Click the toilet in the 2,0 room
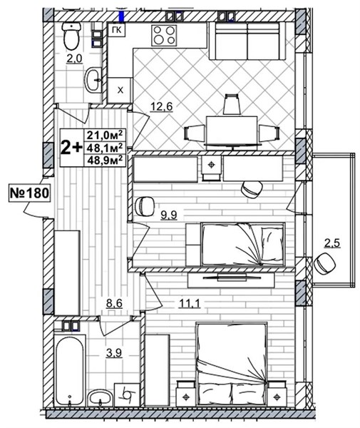(x=72, y=36)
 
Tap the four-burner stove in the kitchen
(x=164, y=35)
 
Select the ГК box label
(x=117, y=30)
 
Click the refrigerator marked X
(x=120, y=90)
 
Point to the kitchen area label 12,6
(x=162, y=106)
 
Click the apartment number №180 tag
(x=30, y=193)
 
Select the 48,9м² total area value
(x=104, y=160)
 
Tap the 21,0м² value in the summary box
(x=104, y=135)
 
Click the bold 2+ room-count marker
(x=71, y=148)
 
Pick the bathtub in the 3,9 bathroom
(x=70, y=371)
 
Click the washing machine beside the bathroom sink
(x=127, y=394)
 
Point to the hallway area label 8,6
(x=114, y=303)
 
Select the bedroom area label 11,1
(x=190, y=303)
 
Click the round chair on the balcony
(x=324, y=264)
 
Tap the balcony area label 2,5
(x=332, y=243)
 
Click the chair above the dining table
(x=232, y=104)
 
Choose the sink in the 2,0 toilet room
(x=93, y=80)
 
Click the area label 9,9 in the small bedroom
(x=169, y=215)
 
